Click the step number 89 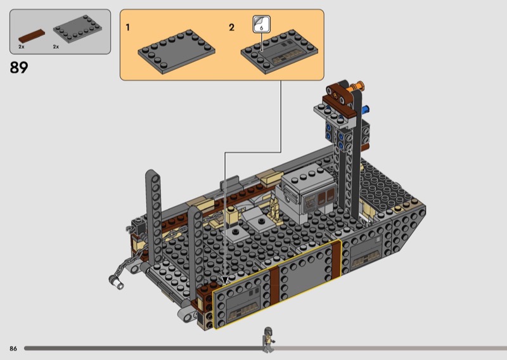point(19,67)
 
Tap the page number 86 point(13,349)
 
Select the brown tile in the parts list point(32,36)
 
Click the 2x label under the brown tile point(22,47)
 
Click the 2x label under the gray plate point(56,47)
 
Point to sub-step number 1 point(128,27)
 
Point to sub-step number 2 point(231,27)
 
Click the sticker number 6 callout point(261,24)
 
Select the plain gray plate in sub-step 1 point(176,51)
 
